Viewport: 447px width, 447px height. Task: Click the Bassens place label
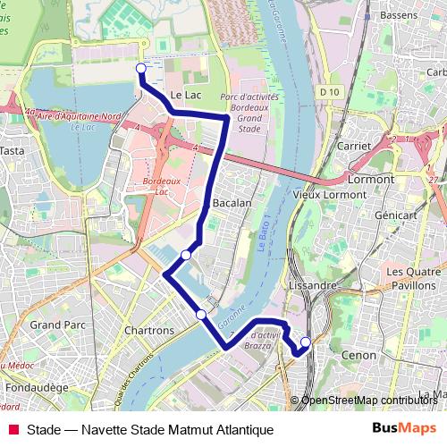click(x=399, y=16)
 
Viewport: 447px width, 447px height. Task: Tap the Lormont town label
click(x=370, y=179)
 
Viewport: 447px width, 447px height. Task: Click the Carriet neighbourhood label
click(x=355, y=145)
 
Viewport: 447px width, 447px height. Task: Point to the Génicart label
click(x=397, y=215)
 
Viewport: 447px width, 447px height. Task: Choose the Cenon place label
click(x=359, y=355)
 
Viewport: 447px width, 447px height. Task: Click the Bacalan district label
click(x=232, y=203)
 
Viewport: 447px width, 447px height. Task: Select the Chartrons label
click(x=149, y=331)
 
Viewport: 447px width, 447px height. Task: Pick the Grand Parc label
click(x=57, y=325)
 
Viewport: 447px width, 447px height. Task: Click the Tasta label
click(x=12, y=151)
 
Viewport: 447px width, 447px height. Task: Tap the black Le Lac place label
click(x=186, y=94)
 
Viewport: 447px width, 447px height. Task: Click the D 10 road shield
click(x=329, y=91)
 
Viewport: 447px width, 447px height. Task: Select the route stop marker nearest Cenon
click(x=305, y=342)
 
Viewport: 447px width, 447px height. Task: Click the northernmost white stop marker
click(x=140, y=68)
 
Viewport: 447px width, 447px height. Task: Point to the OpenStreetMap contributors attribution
click(x=369, y=401)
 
